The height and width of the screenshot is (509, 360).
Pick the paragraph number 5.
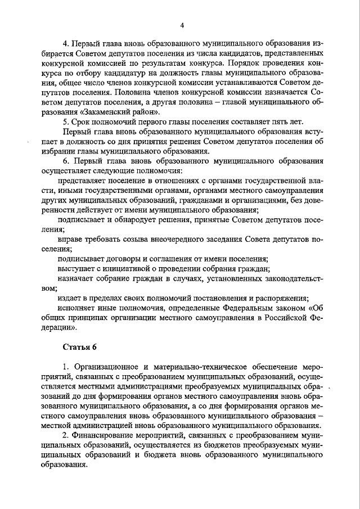pos(65,122)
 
